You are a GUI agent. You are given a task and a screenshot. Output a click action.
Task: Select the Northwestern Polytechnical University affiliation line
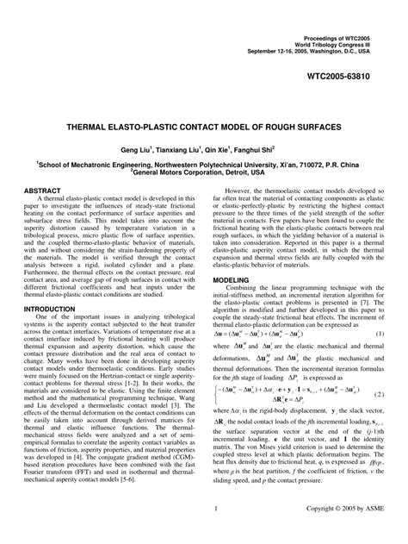pyautogui.click(x=204, y=141)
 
